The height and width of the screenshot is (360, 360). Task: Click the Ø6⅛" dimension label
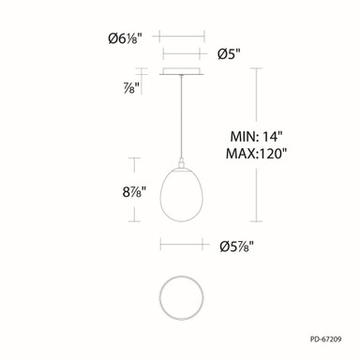(x=125, y=38)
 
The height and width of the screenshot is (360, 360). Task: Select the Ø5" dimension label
(x=229, y=54)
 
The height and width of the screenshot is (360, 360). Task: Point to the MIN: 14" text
(x=256, y=137)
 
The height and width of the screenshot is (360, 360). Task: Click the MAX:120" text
(x=256, y=154)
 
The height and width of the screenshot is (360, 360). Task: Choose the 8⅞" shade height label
(x=134, y=191)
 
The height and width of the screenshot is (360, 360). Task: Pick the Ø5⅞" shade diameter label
(x=236, y=247)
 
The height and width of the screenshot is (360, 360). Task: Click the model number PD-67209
(x=326, y=339)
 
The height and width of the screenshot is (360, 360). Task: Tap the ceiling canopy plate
(x=182, y=71)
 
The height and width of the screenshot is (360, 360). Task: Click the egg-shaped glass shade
(x=182, y=195)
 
